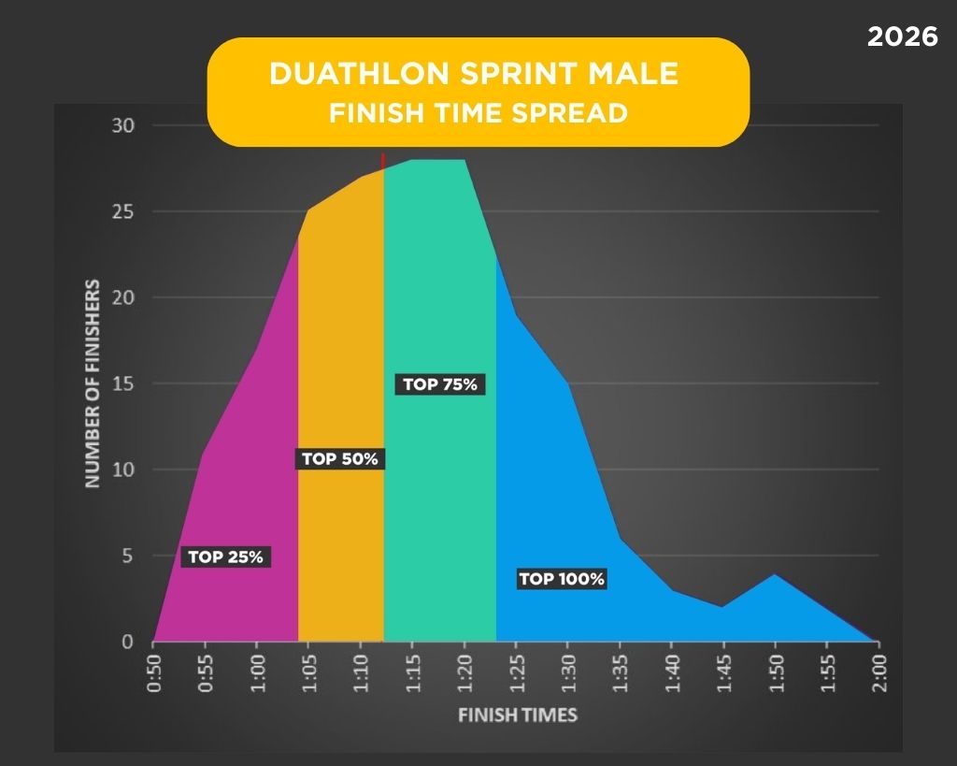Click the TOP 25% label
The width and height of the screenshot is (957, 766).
pos(225,556)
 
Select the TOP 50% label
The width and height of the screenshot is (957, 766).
pos(340,459)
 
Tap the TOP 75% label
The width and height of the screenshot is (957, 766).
pos(440,383)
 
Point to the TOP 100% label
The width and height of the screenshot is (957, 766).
pos(562,579)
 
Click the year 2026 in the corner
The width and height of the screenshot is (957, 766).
pos(902,37)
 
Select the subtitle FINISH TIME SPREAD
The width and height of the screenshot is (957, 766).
pos(478,113)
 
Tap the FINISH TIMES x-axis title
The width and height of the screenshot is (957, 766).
pos(517,715)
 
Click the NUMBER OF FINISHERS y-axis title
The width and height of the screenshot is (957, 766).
pos(93,383)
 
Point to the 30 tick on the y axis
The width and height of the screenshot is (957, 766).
pos(124,126)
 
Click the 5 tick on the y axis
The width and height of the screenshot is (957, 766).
pos(129,556)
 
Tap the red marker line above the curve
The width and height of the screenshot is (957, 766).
pos(383,161)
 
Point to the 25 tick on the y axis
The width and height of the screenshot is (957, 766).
pos(124,212)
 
